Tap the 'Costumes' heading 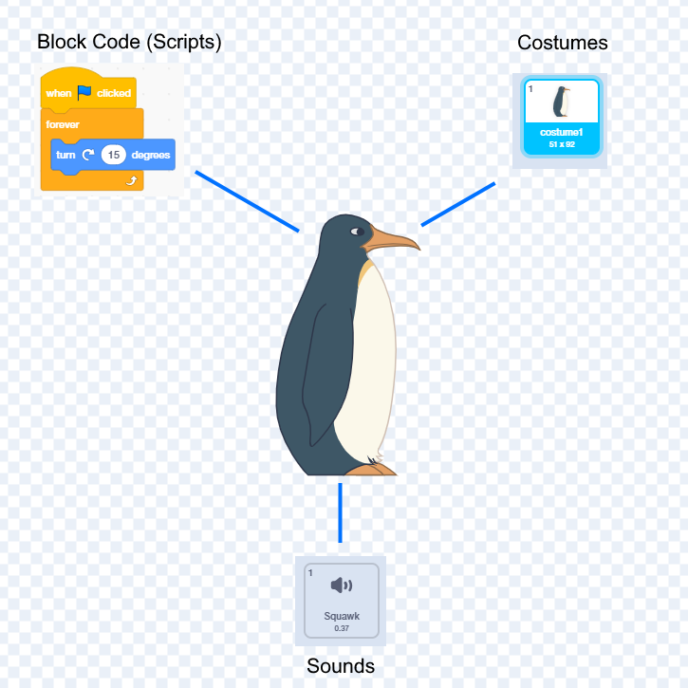[562, 43]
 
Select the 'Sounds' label [341, 666]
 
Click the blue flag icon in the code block [84, 93]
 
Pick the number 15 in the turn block [114, 155]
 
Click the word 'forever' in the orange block [63, 124]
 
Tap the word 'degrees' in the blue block [151, 155]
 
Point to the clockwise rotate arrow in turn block [88, 155]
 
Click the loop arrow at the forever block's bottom [131, 179]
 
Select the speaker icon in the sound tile [341, 586]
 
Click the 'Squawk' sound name [342, 616]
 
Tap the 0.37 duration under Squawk [342, 628]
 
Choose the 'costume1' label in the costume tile [561, 132]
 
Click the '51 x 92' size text [561, 144]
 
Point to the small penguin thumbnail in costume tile [562, 102]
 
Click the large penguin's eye [356, 232]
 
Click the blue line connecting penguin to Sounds [340, 512]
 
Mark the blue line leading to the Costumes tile [458, 204]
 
